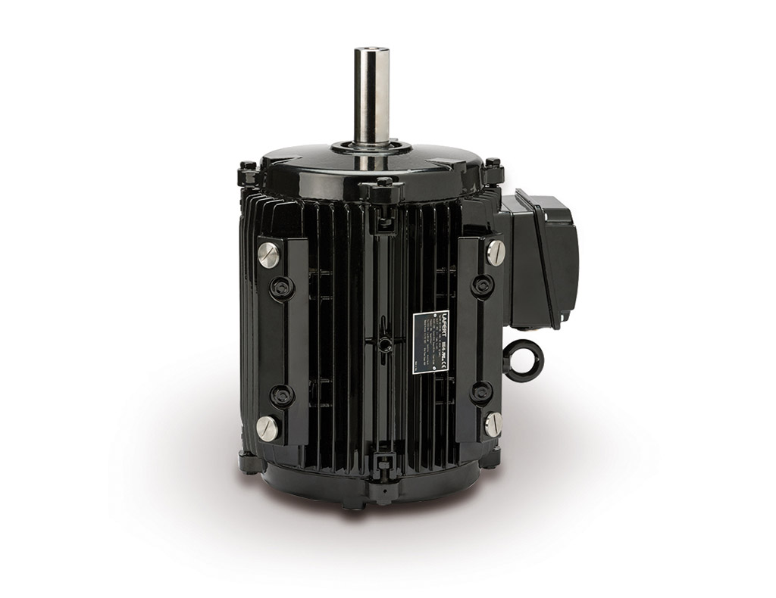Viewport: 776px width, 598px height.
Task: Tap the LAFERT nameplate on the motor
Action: point(430,341)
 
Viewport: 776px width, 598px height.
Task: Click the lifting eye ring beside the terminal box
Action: point(523,360)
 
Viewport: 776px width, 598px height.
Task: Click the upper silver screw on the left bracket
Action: point(268,254)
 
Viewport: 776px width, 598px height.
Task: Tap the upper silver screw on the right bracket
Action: point(495,252)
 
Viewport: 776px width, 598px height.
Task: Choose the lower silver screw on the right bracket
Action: point(493,423)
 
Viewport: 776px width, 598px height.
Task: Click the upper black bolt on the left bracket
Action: point(282,287)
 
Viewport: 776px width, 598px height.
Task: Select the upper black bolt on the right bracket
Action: point(482,285)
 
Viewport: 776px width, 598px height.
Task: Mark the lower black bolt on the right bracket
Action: point(481,392)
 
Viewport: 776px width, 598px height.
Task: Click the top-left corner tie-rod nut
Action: point(248,169)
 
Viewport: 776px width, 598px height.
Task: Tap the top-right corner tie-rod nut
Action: point(493,166)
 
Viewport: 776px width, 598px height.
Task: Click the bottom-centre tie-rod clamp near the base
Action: point(384,463)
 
